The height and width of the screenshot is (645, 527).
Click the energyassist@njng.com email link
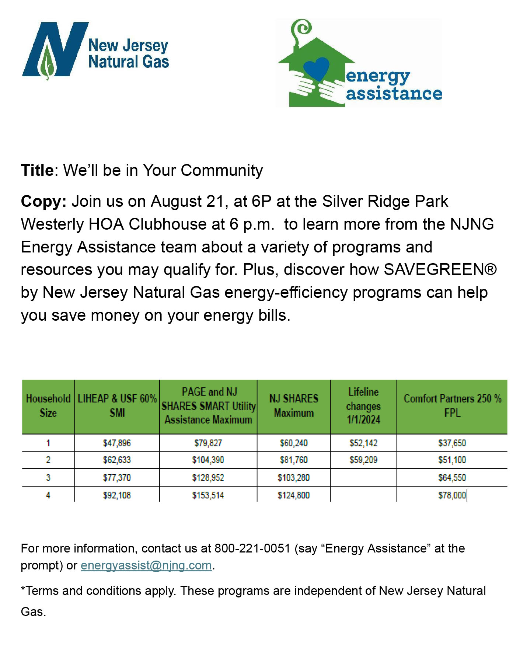point(146,565)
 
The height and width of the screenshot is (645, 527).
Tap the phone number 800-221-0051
point(252,548)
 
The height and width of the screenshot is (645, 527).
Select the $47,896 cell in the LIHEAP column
point(117,443)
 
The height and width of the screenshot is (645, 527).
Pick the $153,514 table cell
point(208,495)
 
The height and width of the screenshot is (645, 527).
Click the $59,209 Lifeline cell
point(363,460)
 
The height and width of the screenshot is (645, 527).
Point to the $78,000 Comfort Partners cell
point(452,495)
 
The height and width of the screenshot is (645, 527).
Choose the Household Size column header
point(48,406)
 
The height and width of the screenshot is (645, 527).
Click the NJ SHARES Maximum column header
point(294,406)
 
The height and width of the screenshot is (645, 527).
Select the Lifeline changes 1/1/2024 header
point(363,406)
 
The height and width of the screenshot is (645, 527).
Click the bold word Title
point(38,171)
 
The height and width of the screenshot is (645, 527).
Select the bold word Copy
point(42,202)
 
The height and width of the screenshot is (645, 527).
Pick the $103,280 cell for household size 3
point(294,478)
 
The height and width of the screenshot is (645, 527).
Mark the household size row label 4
point(48,495)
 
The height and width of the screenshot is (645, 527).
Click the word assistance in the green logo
point(394,93)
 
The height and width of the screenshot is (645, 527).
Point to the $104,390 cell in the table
point(208,460)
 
